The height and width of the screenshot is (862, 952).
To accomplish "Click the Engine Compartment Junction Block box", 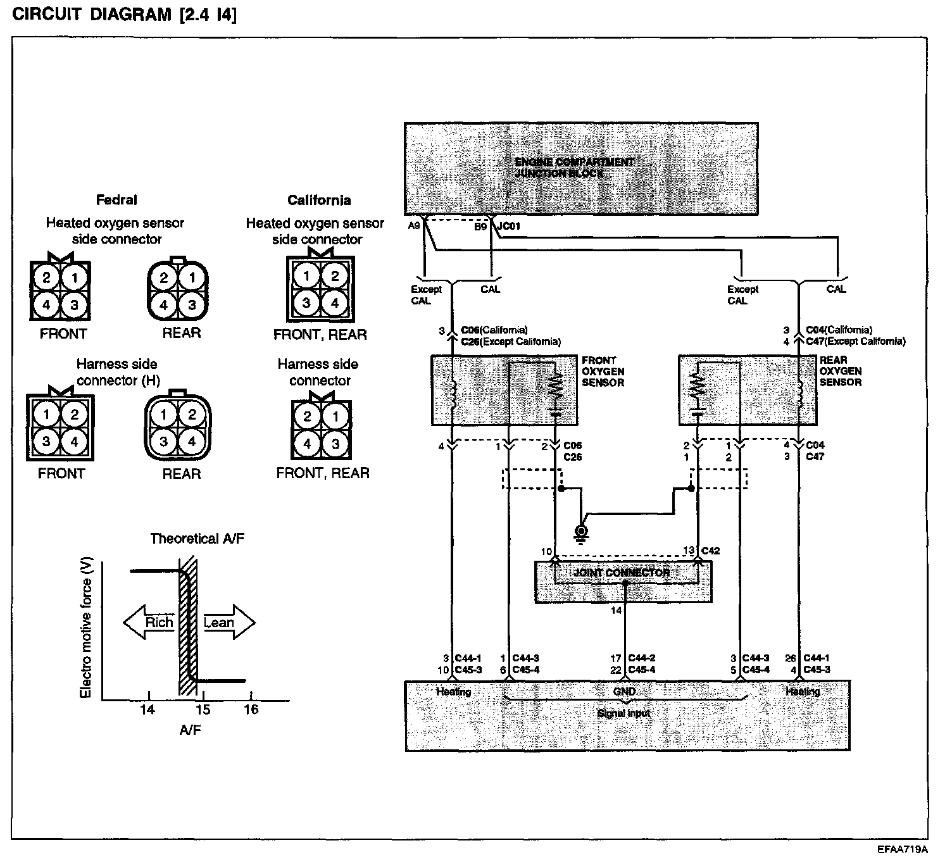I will point(580,168).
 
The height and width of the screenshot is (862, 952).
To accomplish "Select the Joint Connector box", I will point(623,581).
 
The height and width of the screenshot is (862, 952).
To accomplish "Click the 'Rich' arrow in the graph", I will point(149,623).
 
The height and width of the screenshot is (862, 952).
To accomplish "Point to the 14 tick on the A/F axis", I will point(147,709).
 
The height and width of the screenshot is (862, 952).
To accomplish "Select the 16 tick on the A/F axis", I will point(251,709).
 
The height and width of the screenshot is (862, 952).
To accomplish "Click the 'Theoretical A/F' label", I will point(197,539).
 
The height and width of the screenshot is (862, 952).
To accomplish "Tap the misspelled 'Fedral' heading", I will point(116,200).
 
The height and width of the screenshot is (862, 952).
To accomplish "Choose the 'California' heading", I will point(319,201).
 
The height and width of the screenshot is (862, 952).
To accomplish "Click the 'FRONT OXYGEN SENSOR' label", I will point(603,372).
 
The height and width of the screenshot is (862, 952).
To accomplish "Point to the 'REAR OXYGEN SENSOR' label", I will point(841,371).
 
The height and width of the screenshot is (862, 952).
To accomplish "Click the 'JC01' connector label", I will point(510,226).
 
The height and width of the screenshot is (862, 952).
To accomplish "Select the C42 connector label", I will point(711,551).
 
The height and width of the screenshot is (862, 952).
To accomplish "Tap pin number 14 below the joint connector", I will point(616,611).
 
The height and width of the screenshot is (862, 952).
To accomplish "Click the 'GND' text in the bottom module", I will point(624,692).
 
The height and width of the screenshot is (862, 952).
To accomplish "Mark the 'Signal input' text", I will point(624,713).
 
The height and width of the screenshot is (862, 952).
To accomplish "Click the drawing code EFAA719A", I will point(902,849).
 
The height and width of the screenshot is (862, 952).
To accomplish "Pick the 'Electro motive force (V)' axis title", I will point(86,630).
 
